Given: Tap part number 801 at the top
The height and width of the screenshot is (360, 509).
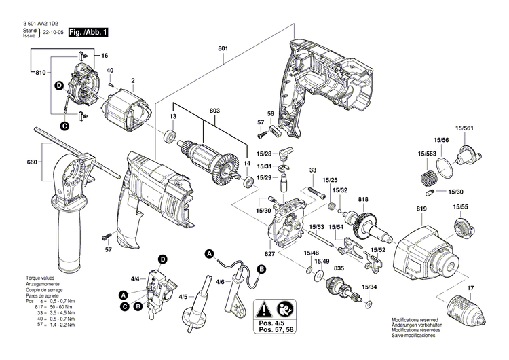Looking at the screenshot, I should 223,48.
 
